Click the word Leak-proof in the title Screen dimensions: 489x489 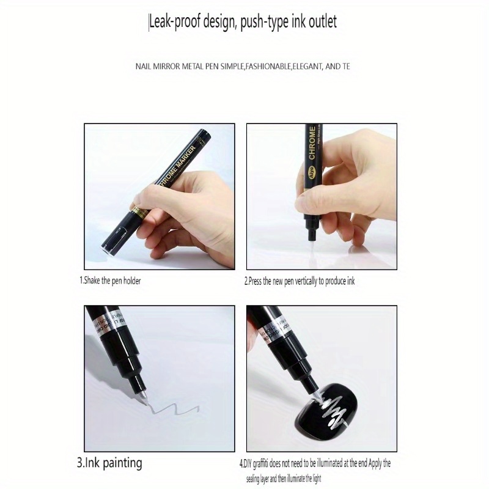coord(177,23)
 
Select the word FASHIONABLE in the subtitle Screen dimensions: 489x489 coord(272,65)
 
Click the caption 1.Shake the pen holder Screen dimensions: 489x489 coord(110,281)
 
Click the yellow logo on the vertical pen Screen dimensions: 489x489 coord(311,174)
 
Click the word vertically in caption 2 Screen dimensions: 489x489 coord(298,282)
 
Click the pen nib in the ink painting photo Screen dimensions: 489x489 coord(144,395)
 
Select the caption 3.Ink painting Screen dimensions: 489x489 coord(109,463)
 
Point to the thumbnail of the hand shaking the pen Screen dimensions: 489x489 coord(159,196)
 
